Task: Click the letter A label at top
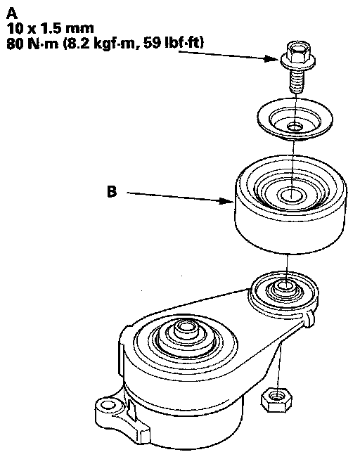click(12, 13)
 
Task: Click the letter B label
click(112, 191)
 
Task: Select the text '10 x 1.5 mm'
click(50, 28)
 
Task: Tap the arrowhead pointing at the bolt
click(273, 58)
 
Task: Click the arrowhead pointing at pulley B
click(226, 201)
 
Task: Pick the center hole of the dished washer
click(295, 127)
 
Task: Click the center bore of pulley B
click(291, 195)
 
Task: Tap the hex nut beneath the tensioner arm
click(276, 399)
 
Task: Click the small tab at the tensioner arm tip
click(309, 318)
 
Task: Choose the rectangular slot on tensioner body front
click(131, 408)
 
